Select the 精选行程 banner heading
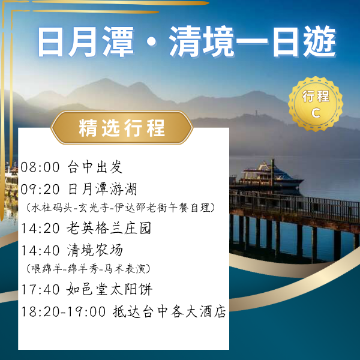point(122,128)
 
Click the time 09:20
point(40,190)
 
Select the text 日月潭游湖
point(103,190)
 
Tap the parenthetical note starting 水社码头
point(120,208)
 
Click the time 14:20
point(40,228)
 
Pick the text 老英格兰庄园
point(109,228)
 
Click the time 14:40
point(40,250)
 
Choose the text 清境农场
point(95,250)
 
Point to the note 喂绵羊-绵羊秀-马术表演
point(88,268)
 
